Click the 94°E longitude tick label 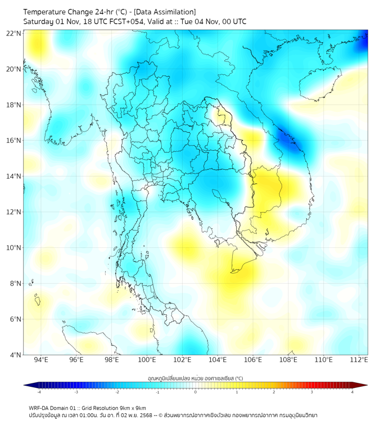(x=41, y=360)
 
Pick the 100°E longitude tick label (x=147, y=360)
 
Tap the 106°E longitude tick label (x=253, y=360)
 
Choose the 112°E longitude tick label (x=359, y=360)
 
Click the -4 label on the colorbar (x=39, y=392)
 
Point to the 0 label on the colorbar (x=196, y=392)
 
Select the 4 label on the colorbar (x=352, y=392)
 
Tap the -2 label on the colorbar (x=117, y=392)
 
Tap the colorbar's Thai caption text (x=195, y=378)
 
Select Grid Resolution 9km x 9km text (x=116, y=408)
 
